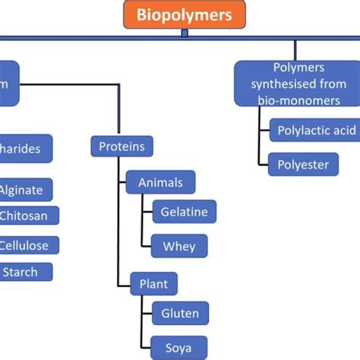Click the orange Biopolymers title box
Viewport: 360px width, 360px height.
(x=184, y=15)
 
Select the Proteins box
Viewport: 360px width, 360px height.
(x=122, y=146)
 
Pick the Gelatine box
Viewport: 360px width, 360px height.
(x=184, y=212)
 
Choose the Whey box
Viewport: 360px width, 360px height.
(x=178, y=246)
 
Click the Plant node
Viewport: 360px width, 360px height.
(x=153, y=284)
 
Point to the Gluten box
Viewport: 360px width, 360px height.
(x=180, y=313)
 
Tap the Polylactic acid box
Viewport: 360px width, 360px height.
(x=314, y=131)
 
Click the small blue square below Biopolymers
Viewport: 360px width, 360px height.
(x=185, y=33)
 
